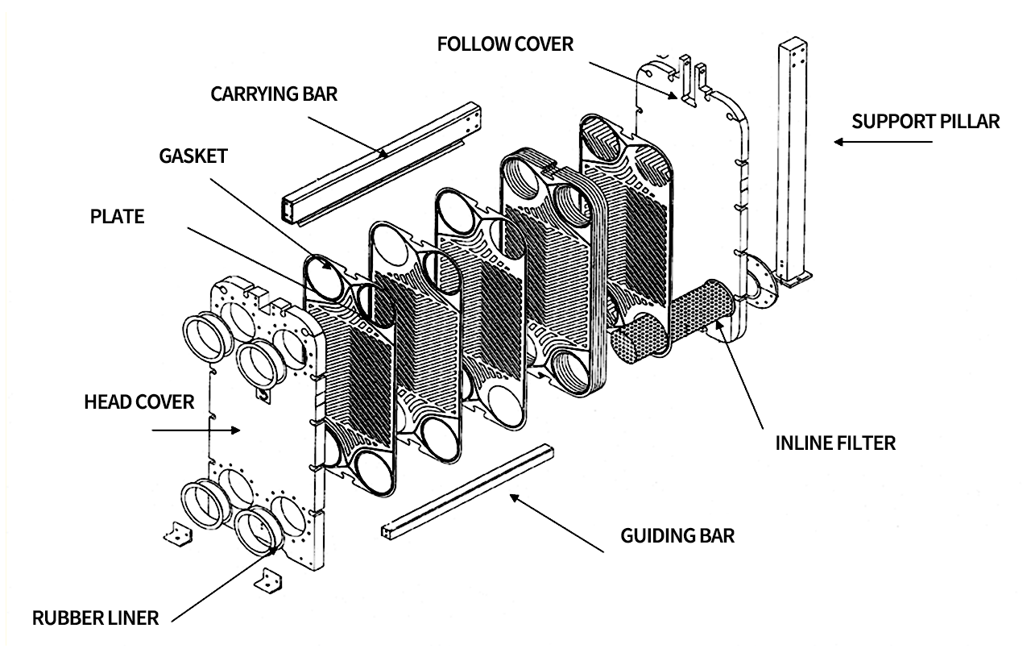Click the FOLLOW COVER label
tap(505, 44)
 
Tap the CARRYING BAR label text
tap(274, 94)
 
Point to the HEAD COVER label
tap(139, 401)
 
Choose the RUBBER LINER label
tap(95, 619)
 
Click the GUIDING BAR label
tap(677, 535)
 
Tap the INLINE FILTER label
tap(835, 443)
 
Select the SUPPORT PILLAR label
tap(925, 122)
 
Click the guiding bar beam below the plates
tap(467, 492)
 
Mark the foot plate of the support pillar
tap(797, 281)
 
